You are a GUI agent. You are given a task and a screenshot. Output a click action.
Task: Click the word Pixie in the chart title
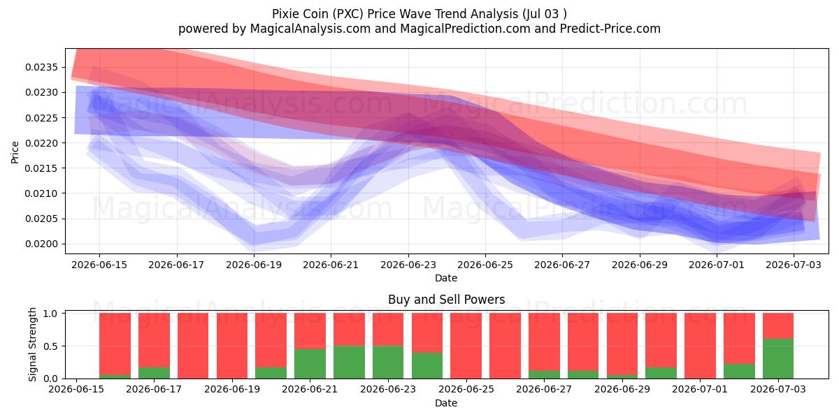coord(285,14)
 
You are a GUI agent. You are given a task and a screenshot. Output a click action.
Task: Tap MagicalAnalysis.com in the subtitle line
coord(310,29)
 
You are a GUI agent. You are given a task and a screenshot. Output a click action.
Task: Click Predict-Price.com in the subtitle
coord(610,29)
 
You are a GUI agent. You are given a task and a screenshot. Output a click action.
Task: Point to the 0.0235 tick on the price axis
coord(41,67)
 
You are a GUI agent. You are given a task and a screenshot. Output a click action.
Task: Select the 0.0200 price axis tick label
coord(41,244)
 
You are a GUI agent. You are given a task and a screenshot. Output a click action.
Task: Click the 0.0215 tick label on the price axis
coord(41,168)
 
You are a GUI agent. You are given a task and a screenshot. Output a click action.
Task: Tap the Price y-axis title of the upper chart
coord(15,152)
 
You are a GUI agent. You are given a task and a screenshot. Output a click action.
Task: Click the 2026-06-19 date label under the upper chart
coord(254,265)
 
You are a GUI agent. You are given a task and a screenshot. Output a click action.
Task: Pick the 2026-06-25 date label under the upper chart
coord(485,265)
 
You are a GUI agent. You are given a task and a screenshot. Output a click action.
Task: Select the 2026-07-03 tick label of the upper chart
coord(794,265)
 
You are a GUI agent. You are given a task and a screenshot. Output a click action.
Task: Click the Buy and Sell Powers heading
coord(447,300)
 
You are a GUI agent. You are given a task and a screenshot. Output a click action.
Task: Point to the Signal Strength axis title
coord(33,344)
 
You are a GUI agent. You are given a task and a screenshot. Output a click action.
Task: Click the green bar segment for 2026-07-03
coord(778,359)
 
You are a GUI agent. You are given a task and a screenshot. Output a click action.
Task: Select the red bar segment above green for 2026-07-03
coord(778,326)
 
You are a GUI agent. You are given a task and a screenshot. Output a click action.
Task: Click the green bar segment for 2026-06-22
coord(349,362)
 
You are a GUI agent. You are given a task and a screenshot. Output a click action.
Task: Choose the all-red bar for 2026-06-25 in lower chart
coord(466,346)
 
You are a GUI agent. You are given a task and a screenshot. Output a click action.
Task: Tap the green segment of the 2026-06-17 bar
coord(154,373)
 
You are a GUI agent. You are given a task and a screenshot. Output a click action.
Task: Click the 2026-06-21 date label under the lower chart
coord(310,389)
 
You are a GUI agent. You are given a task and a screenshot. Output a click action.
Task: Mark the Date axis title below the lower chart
coord(446,403)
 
